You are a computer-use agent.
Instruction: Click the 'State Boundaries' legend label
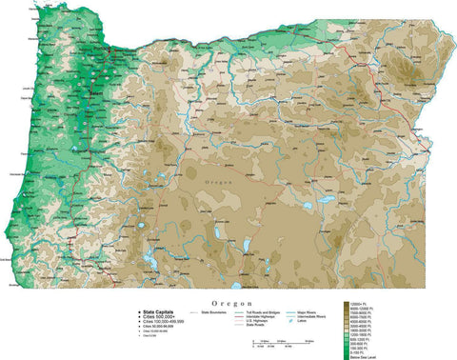pyautogui.click(x=217, y=311)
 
